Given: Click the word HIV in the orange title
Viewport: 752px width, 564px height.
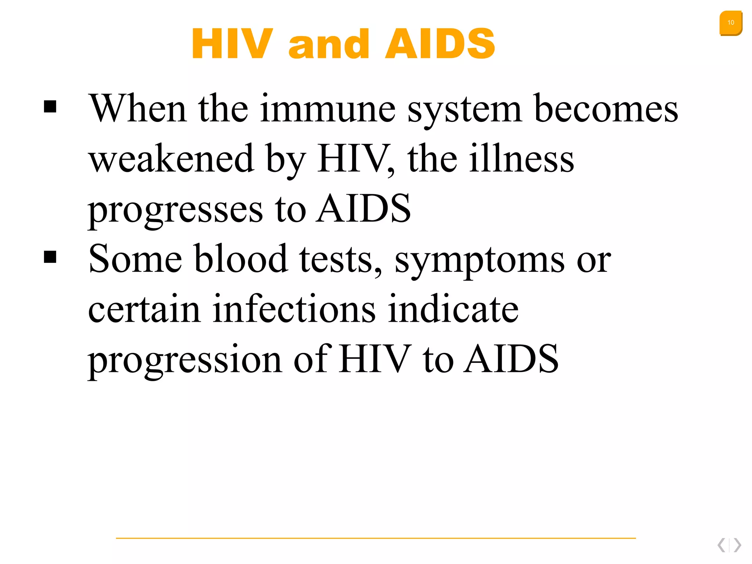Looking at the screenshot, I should click(232, 44).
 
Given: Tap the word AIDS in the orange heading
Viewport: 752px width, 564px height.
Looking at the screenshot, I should click(440, 44).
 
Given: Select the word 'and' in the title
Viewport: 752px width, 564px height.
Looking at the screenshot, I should click(329, 44).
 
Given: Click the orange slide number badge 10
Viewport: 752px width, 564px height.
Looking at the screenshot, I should click(730, 23).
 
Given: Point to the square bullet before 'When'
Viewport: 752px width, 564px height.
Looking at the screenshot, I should click(50, 107).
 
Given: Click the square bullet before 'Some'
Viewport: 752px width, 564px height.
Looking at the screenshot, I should click(50, 257).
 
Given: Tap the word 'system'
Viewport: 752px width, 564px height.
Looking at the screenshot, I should click(464, 110).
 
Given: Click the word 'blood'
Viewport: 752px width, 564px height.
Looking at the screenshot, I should click(241, 259).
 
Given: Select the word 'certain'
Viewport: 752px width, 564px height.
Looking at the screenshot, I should click(144, 309).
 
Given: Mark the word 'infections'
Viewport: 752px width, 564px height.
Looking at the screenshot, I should click(294, 309).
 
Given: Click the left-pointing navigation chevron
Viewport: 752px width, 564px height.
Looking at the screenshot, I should click(722, 545).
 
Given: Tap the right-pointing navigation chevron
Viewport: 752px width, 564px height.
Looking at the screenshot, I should click(737, 545).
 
